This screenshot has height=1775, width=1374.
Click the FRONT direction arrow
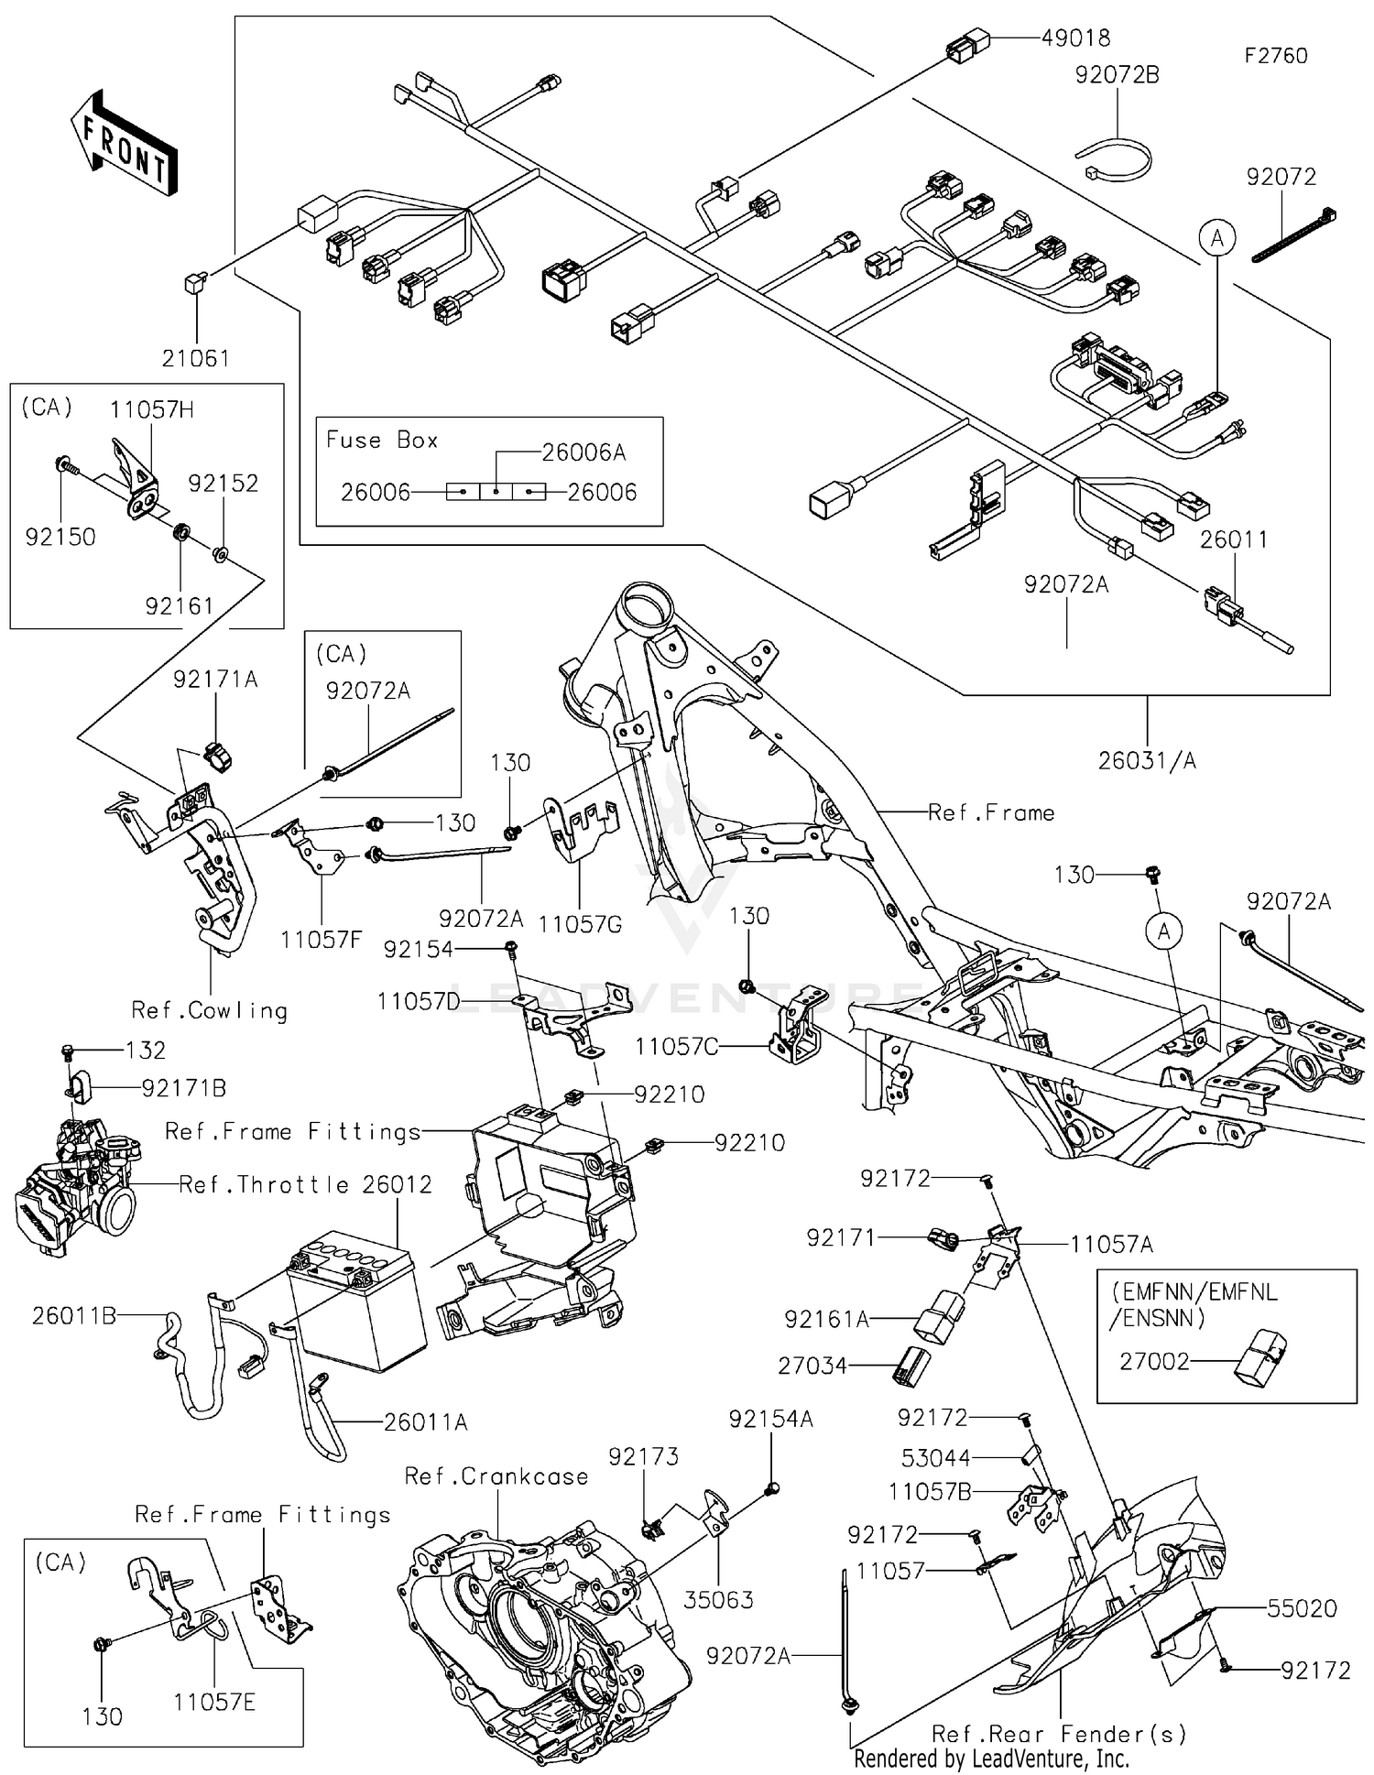[x=123, y=143]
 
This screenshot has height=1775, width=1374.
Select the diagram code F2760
[x=1275, y=56]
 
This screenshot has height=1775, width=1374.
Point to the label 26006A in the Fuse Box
[x=583, y=452]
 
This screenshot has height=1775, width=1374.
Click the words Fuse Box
[x=382, y=441]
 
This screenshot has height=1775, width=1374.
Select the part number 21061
[x=195, y=358]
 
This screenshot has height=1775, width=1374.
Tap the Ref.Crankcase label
[x=496, y=1476]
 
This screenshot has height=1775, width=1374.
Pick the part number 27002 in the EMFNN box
[x=1154, y=1362]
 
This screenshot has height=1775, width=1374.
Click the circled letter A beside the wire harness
[x=1216, y=239]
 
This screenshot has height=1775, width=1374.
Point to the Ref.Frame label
[x=991, y=812]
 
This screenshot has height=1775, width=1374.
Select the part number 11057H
[x=151, y=409]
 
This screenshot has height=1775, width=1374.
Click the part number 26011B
[x=73, y=1316]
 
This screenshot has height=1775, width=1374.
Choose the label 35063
[x=719, y=1600]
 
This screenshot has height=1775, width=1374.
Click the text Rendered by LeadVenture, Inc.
[x=991, y=1759]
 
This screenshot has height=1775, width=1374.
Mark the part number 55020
[x=1302, y=1608]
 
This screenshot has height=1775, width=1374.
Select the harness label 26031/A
[x=1147, y=760]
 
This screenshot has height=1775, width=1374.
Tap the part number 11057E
[x=214, y=1702]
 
